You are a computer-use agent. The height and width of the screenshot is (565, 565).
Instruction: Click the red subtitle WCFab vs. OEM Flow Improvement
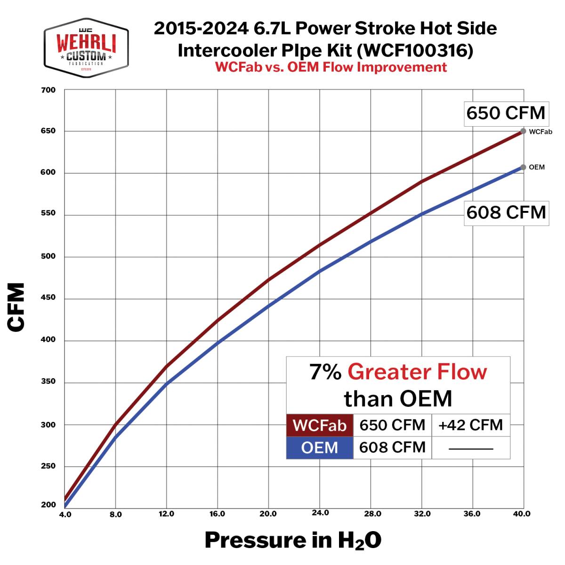click(331, 67)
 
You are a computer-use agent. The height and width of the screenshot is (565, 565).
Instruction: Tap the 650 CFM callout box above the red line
click(505, 113)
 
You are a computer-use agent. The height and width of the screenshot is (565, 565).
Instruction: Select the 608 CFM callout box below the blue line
click(506, 213)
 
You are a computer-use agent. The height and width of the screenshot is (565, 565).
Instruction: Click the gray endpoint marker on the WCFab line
click(523, 131)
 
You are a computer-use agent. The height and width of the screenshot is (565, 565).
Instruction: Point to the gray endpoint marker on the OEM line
click(523, 167)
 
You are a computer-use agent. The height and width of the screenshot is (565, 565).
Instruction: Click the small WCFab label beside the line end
click(540, 132)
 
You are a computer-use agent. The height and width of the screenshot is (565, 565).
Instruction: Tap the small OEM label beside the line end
click(537, 168)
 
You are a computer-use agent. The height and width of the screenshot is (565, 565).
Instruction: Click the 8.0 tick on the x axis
click(115, 515)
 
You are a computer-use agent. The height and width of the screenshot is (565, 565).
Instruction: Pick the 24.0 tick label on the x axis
click(320, 513)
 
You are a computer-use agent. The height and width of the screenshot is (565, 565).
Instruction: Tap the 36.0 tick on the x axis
click(472, 514)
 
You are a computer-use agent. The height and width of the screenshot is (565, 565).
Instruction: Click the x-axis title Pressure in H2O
click(292, 541)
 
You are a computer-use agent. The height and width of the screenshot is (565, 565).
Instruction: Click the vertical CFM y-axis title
click(16, 307)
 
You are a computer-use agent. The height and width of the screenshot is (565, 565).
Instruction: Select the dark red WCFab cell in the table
click(320, 426)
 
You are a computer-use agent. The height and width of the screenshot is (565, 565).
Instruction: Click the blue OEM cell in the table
click(320, 447)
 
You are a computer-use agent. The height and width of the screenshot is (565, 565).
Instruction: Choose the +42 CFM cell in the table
click(470, 425)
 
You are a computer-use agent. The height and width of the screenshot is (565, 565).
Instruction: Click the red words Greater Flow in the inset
click(417, 372)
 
